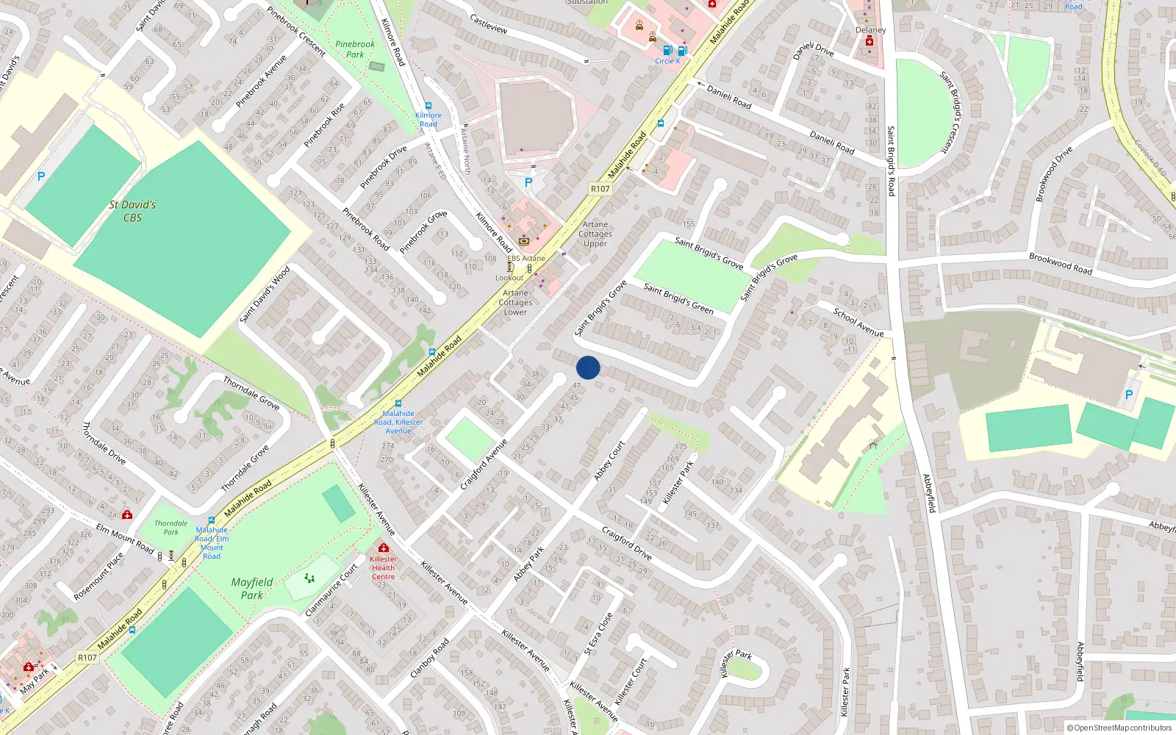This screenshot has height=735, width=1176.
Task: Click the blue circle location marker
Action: [588, 367]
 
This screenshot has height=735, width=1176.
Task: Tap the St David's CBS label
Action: [132, 211]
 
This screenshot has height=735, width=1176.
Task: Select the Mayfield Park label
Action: [252, 588]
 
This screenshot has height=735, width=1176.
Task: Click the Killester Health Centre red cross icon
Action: [383, 548]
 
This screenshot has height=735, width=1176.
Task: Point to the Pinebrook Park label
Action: [355, 49]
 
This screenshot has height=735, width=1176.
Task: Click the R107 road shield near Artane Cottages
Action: [600, 189]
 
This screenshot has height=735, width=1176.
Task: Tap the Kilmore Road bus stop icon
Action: [429, 107]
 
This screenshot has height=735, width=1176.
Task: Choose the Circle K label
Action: [667, 61]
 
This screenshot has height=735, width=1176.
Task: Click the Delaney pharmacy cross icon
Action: [870, 42]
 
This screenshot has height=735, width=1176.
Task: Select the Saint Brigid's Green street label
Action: [678, 298]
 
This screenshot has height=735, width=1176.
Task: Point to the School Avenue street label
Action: [858, 322]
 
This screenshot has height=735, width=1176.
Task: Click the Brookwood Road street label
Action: [1061, 263]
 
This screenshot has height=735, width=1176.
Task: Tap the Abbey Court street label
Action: [609, 461]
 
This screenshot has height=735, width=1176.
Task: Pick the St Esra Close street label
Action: [598, 634]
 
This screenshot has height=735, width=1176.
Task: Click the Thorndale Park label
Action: [171, 528]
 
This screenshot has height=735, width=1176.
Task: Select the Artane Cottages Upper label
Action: [595, 234]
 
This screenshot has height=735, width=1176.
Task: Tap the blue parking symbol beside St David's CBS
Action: [41, 176]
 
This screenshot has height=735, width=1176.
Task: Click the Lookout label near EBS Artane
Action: [509, 278]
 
